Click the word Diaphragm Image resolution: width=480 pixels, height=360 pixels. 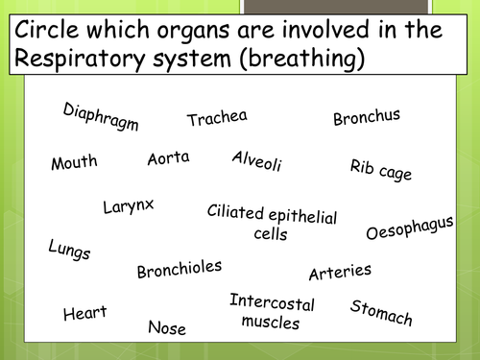coord(101,117)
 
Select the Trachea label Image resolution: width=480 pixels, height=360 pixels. coord(217,118)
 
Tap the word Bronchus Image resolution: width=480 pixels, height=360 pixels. coord(367,117)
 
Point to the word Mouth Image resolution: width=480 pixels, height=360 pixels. coord(74,161)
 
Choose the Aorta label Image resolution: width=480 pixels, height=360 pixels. coord(168,158)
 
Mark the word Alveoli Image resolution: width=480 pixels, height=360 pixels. coord(257,161)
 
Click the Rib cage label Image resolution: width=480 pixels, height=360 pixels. coord(381,170)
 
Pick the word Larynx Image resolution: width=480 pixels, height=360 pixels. coord(129,205)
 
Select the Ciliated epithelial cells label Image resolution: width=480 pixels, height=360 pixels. coord(272,222)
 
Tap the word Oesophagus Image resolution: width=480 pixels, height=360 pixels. coord(410,228)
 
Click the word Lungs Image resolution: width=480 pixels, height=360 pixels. coord(69,251)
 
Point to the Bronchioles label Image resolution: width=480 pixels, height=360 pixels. coord(180,270)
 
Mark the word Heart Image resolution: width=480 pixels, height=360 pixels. coord(84,313)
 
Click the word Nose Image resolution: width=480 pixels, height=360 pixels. coord(167,327)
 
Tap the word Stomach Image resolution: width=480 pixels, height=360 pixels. coord(381,312)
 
